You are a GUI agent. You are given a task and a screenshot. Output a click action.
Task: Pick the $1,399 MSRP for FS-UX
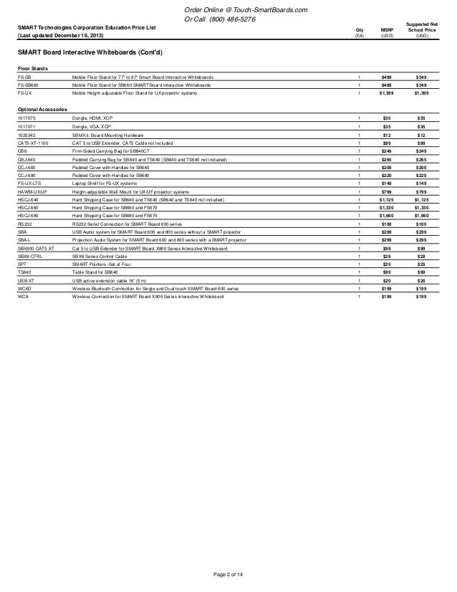coord(387,92)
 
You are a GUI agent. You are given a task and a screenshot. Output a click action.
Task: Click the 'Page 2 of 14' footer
coord(228,582)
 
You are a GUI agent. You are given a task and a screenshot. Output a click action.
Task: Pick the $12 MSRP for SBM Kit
coord(387,134)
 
